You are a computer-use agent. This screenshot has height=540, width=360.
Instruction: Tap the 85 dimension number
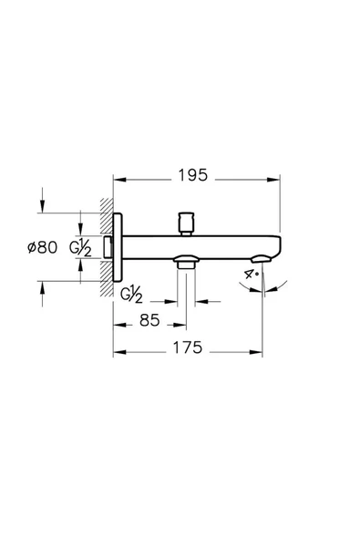150,321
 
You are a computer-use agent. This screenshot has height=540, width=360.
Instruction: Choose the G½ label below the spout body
132,294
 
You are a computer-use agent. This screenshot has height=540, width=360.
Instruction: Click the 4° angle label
252,273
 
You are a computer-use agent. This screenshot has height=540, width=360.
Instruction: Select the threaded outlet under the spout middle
187,264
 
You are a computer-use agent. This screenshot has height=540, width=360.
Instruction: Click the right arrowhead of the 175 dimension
259,349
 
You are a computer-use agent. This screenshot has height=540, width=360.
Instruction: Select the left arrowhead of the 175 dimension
118,349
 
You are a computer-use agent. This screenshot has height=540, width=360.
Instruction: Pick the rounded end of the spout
276,247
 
